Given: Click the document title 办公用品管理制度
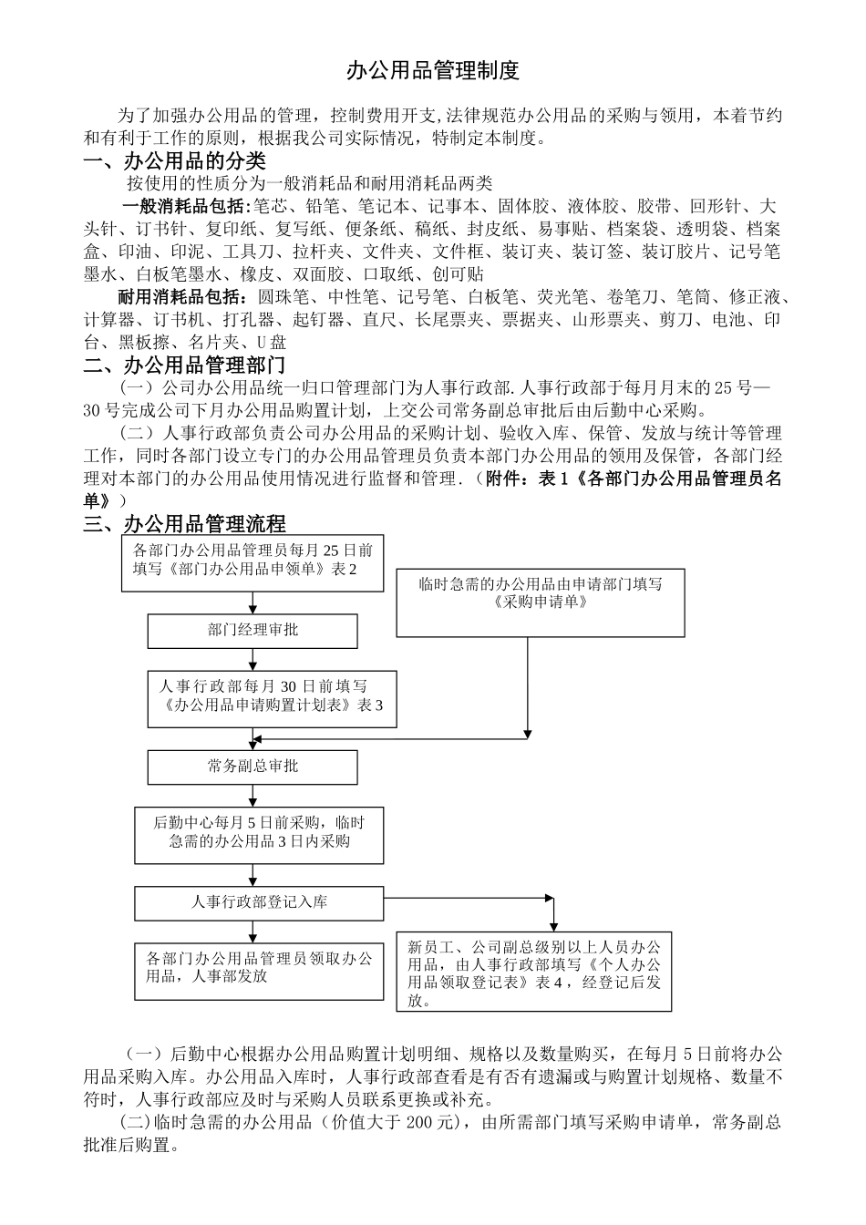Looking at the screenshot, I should [x=433, y=71].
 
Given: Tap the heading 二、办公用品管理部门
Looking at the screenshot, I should [x=184, y=365].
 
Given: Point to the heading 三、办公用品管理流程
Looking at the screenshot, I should [x=184, y=524].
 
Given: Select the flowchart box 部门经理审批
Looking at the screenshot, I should [x=253, y=631].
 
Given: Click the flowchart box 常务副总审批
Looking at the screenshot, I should [x=253, y=767].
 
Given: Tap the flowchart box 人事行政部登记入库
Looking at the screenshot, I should [x=259, y=903].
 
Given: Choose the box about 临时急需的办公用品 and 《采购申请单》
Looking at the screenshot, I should [x=540, y=594].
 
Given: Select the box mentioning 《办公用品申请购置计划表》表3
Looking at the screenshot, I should [x=272, y=697].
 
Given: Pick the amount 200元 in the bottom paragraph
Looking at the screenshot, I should [x=430, y=1123].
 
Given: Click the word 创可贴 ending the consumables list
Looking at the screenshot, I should [x=459, y=274].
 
